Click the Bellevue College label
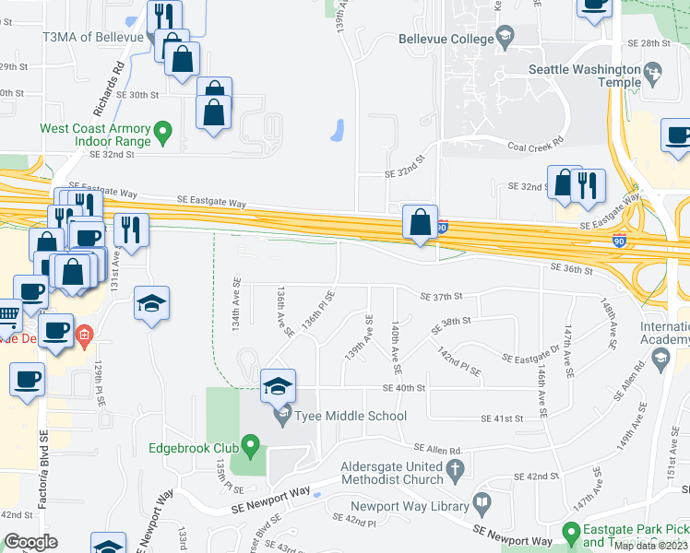coord(446,40)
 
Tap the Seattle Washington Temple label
coord(585,76)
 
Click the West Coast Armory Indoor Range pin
coord(163,132)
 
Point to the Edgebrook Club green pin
coord(248,449)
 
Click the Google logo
coord(31,542)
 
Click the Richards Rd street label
coord(117,80)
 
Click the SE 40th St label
coord(405,388)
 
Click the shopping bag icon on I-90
coord(421,223)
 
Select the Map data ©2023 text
coord(651,546)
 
